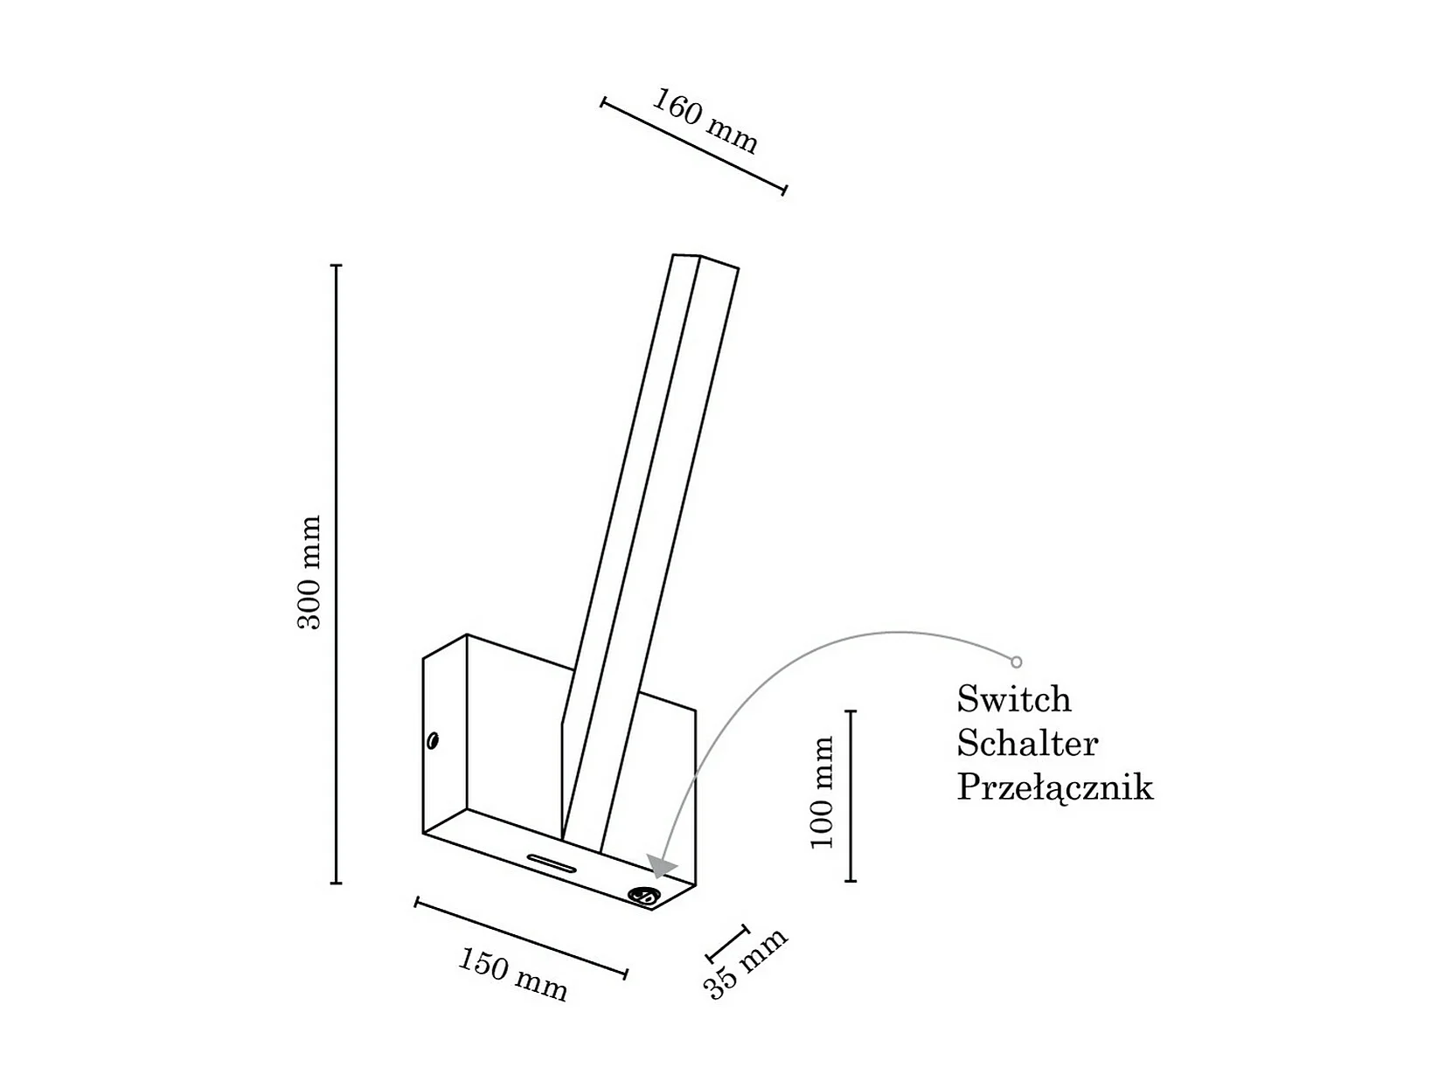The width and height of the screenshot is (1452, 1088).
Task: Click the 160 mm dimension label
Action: point(705,121)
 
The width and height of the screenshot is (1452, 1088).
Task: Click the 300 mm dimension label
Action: point(309,572)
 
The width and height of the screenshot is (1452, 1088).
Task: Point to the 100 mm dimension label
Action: point(823,793)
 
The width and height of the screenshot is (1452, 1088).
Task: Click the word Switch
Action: point(1013,699)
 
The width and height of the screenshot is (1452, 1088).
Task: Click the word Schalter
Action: point(1027,744)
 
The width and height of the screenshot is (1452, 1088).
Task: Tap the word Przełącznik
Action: point(1054,788)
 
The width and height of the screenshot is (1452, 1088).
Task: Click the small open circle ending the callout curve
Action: point(1016,662)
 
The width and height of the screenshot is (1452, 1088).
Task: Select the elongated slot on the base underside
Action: point(551,862)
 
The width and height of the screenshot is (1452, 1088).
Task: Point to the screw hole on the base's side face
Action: point(433,741)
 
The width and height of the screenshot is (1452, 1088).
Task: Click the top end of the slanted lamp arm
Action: point(705,260)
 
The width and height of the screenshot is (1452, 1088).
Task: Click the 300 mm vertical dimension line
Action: point(336,574)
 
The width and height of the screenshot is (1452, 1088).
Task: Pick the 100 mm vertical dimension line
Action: point(851,796)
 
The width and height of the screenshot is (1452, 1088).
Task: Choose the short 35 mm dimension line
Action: point(727,943)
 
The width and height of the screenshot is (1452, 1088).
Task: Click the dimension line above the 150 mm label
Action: point(521,938)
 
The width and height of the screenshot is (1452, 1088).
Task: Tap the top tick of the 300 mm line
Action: point(336,265)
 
